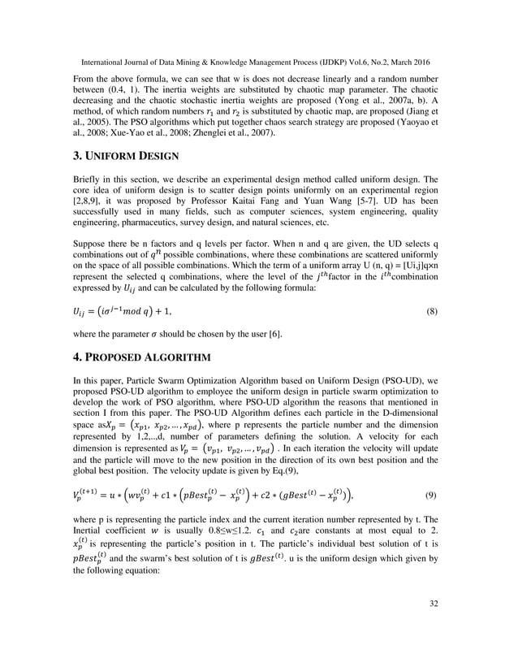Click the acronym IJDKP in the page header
click(x=323, y=62)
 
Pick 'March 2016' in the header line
click(x=408, y=62)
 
